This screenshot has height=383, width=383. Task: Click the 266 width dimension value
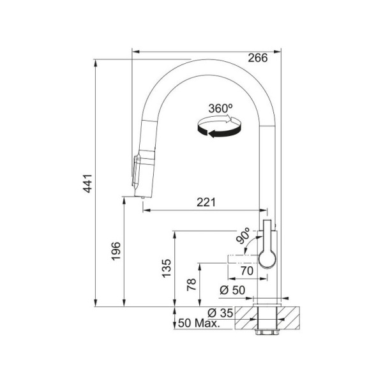(x=258, y=57)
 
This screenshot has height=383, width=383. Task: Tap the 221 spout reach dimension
(x=205, y=202)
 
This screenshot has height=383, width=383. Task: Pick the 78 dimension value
(x=191, y=285)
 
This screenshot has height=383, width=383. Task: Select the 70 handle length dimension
(x=247, y=271)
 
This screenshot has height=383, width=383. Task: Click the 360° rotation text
(x=221, y=109)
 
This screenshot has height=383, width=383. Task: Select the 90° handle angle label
(x=243, y=237)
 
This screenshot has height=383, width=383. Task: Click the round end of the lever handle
(x=267, y=257)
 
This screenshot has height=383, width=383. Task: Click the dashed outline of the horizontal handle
(x=243, y=258)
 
